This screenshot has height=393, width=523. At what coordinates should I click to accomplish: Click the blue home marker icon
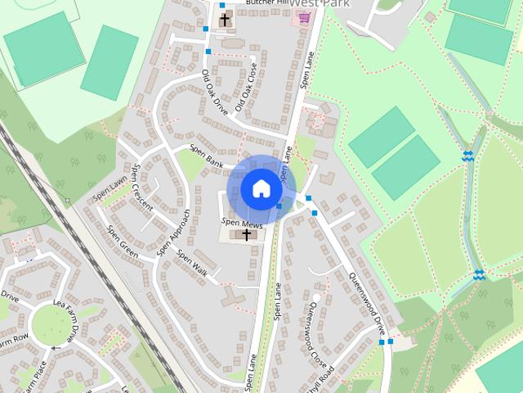(261, 188)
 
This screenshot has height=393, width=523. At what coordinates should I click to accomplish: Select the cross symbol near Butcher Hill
(225, 19)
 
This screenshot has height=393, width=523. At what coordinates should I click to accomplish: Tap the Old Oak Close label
(246, 87)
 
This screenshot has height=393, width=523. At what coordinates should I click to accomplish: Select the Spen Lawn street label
(110, 187)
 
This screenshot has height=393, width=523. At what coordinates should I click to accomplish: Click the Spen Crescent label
(141, 187)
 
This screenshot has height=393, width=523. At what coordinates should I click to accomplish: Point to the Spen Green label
(123, 242)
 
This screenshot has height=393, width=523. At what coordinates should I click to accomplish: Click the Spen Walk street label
(193, 264)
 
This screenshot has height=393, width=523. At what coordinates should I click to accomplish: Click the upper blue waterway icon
(468, 156)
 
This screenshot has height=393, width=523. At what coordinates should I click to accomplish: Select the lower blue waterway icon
(479, 275)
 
